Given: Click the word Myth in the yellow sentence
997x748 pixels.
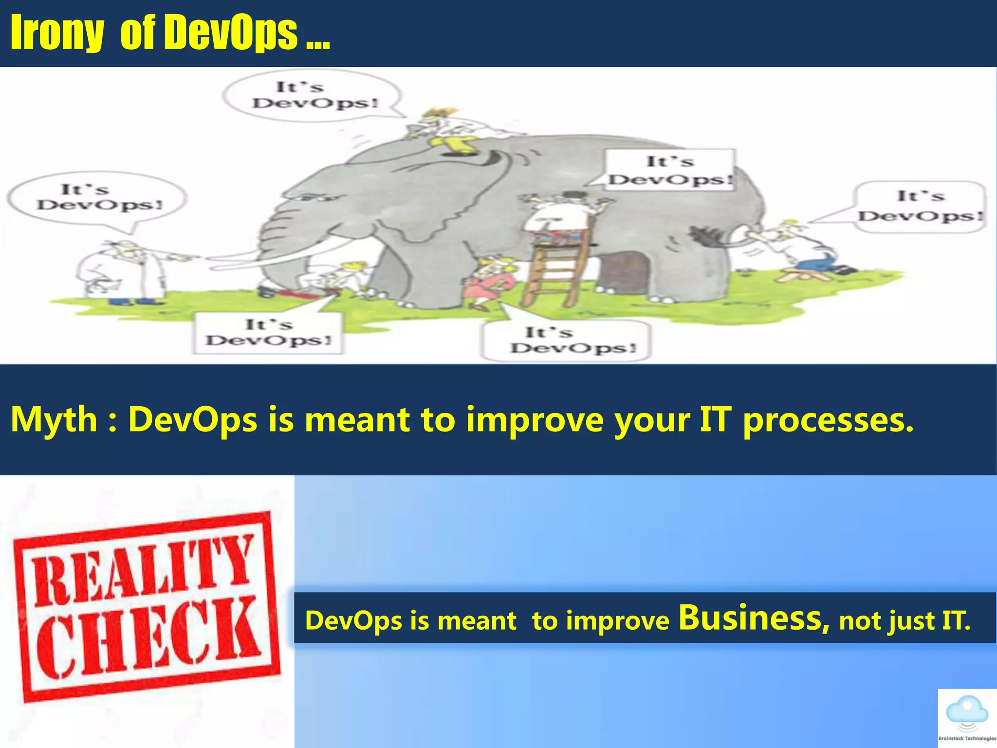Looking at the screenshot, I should (54, 419).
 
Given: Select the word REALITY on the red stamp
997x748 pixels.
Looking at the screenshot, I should (144, 570).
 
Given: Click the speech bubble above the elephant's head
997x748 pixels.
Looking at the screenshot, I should (312, 95).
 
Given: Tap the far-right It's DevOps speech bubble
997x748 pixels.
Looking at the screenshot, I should (920, 206).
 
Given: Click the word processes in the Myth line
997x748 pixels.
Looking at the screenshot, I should (828, 419).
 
